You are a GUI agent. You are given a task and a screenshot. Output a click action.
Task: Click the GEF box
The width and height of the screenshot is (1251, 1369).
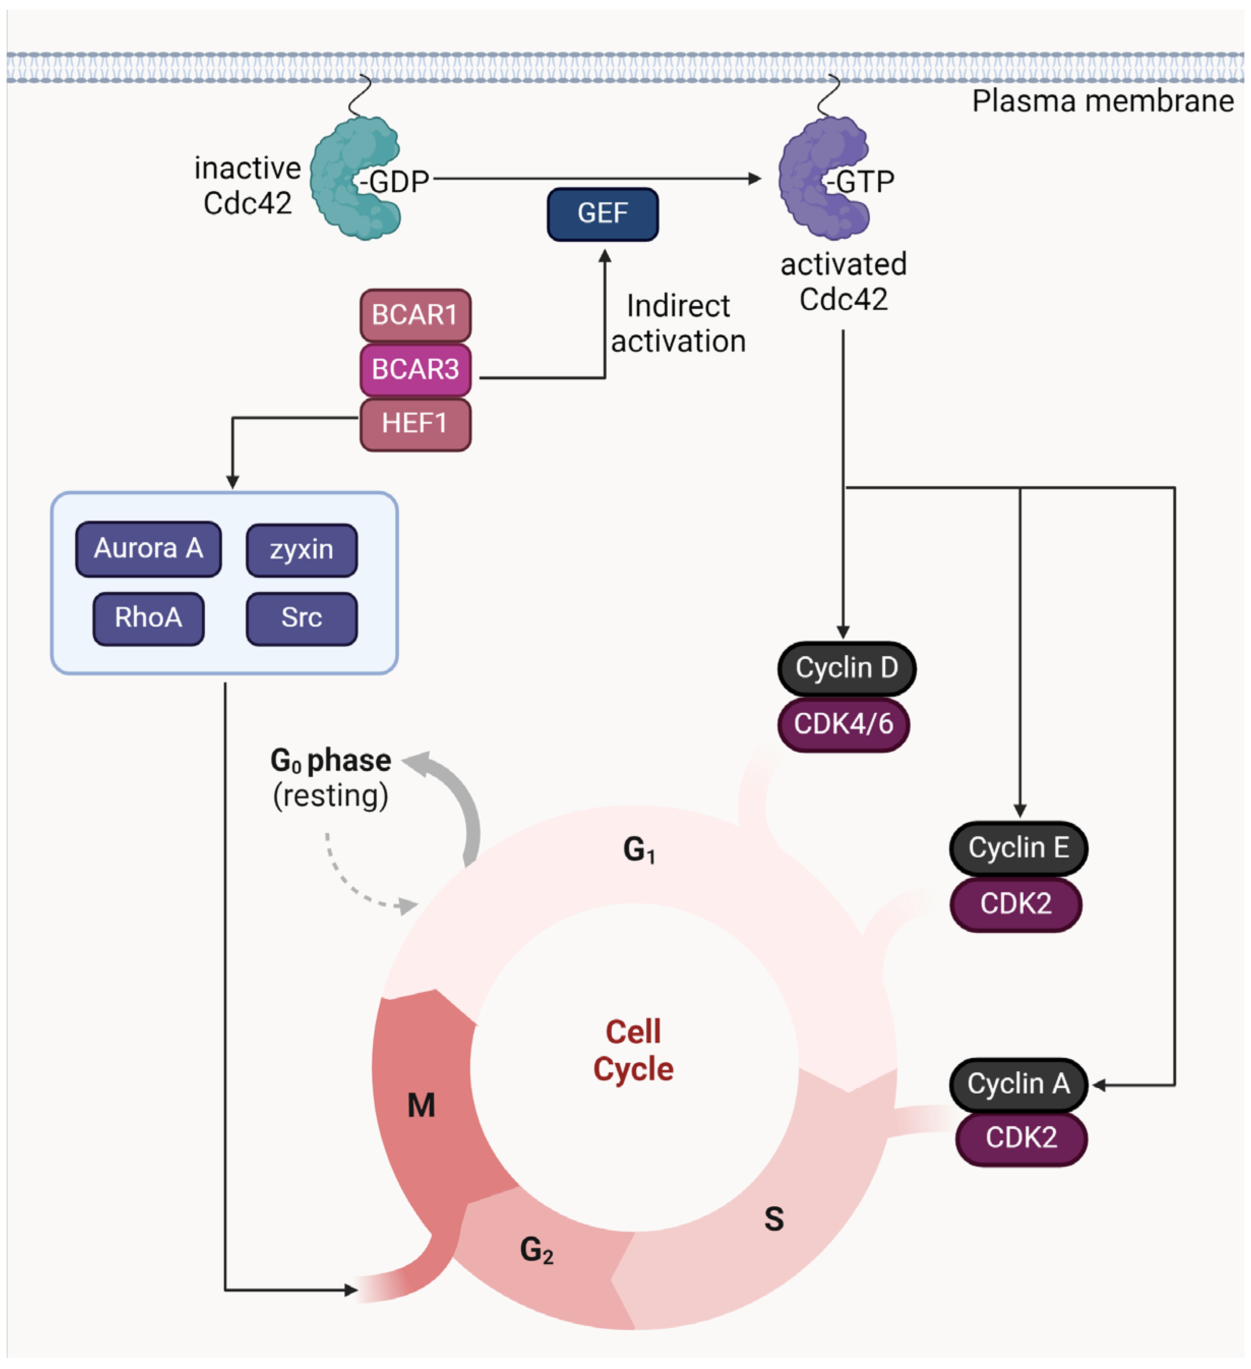coord(602,214)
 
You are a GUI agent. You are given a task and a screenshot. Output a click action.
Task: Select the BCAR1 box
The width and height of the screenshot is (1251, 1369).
coord(415,315)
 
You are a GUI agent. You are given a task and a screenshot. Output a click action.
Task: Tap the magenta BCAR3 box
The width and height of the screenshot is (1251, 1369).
coord(415,369)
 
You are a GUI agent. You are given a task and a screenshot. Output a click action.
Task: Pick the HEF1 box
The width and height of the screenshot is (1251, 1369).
coord(415,424)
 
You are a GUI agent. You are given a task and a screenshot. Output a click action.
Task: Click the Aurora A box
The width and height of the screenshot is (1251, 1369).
coord(148,549)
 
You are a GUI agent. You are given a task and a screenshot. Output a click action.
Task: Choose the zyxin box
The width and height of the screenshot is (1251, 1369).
coord(302,549)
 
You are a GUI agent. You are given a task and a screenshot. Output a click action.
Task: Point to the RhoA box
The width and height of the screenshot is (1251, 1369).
coord(148,618)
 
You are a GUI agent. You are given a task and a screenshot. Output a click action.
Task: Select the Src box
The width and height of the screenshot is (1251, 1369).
coord(302,618)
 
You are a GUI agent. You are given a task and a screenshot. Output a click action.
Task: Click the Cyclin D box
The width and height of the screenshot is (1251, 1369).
coord(846,668)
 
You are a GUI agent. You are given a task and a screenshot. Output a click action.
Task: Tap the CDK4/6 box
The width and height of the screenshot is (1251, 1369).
coord(843,724)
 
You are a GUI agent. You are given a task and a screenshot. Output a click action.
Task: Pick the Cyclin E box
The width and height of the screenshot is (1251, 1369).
coord(1018,848)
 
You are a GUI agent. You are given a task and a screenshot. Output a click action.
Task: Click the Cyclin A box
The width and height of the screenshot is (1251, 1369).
coord(1018,1085)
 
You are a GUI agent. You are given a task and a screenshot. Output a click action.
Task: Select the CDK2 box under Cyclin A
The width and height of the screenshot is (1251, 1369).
coord(1021,1138)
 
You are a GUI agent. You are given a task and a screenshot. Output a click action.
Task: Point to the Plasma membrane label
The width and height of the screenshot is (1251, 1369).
coord(1103,101)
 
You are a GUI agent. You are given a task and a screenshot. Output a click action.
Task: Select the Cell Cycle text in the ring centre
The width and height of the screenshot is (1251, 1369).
coord(633,1051)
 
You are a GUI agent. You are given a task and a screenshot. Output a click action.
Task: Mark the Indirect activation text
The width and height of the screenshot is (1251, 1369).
coord(677,324)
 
